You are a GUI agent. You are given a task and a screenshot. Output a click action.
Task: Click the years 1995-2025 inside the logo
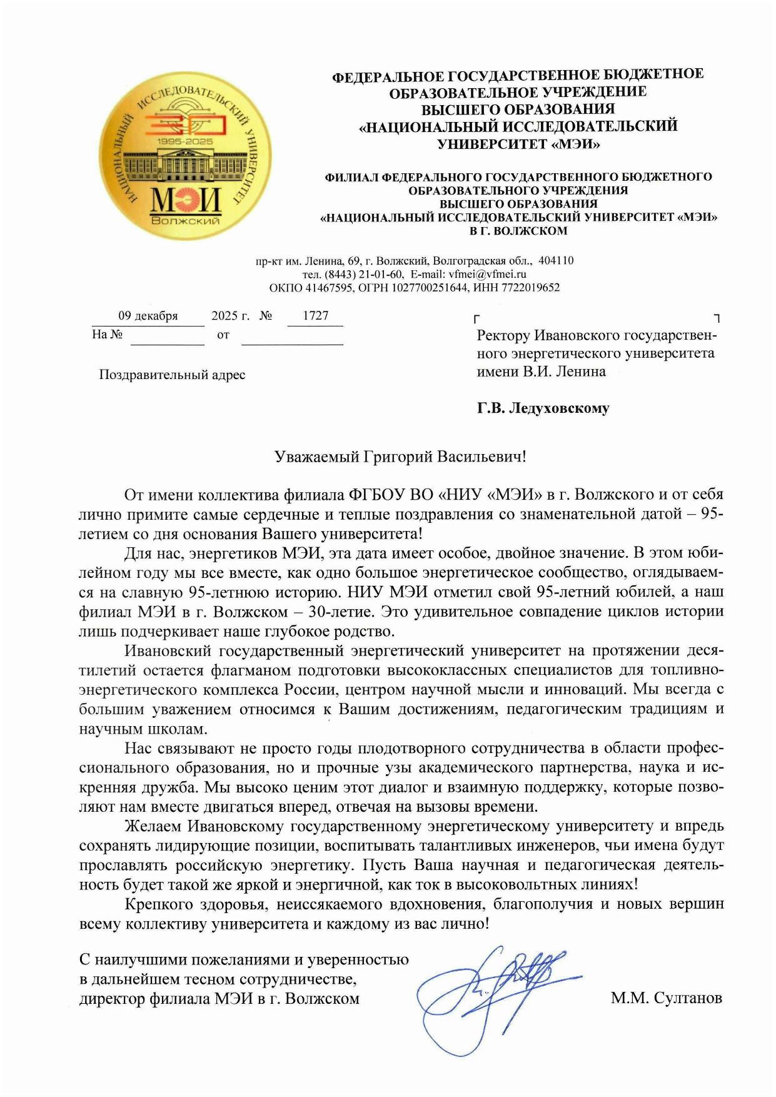[x=186, y=142]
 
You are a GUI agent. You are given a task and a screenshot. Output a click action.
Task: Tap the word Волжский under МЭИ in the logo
[x=186, y=221]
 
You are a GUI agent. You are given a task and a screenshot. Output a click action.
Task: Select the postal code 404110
[x=556, y=260]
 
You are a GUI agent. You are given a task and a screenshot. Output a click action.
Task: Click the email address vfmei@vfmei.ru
[x=488, y=274]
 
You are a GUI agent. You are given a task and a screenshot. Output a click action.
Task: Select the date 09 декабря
[x=148, y=316]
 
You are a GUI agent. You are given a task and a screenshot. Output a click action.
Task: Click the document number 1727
[x=316, y=315]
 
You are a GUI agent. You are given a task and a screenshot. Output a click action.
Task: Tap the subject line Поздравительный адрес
[x=172, y=375]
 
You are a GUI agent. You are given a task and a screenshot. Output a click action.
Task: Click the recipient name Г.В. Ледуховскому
[x=543, y=408]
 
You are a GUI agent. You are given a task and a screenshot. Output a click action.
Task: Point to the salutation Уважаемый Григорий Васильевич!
[x=401, y=457]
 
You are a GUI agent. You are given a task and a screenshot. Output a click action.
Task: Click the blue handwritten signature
[x=494, y=994]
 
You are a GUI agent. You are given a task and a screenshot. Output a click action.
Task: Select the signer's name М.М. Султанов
[x=666, y=998]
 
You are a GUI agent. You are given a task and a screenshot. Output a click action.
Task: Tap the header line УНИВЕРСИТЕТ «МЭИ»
[x=518, y=144]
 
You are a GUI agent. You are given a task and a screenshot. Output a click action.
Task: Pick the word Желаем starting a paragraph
[x=153, y=826]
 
